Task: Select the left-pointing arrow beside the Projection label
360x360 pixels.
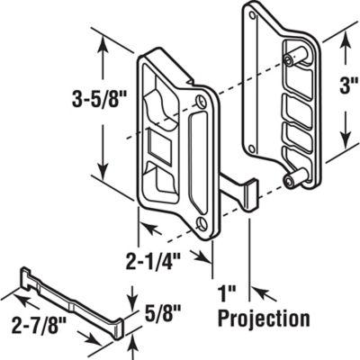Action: coord(256,292)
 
